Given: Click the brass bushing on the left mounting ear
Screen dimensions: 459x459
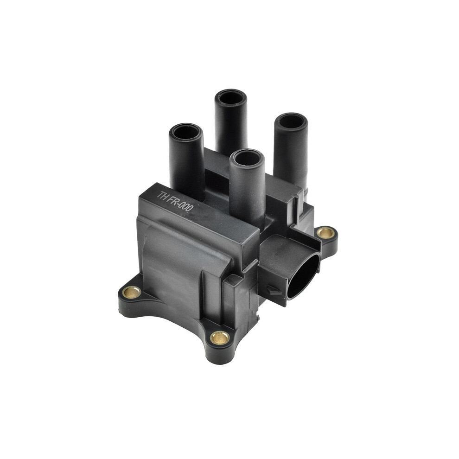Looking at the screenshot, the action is [131, 292].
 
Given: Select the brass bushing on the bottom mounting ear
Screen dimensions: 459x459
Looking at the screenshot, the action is [220, 338].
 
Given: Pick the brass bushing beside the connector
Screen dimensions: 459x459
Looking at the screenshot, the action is [326, 233].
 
